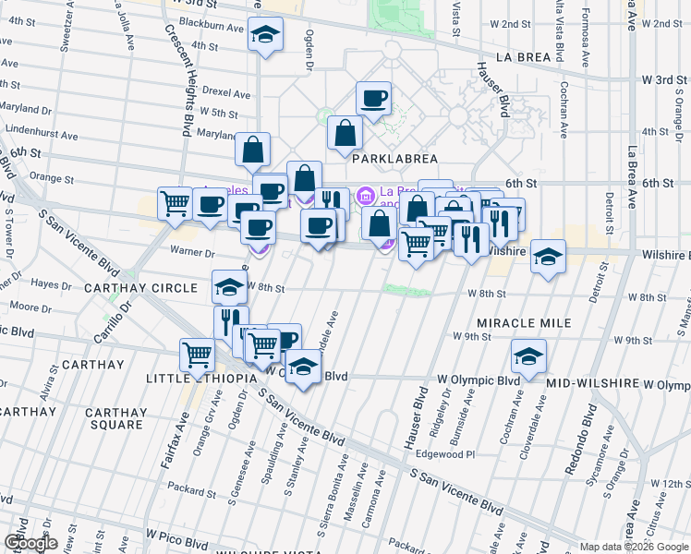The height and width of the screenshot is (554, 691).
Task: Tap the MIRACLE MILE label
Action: (x=524, y=323)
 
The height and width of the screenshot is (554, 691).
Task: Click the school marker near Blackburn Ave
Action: (x=266, y=35)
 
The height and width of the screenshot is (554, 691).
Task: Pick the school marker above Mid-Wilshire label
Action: (x=528, y=356)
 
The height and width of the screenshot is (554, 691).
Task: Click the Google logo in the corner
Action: (x=30, y=543)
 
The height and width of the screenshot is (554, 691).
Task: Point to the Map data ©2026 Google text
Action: (x=634, y=547)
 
